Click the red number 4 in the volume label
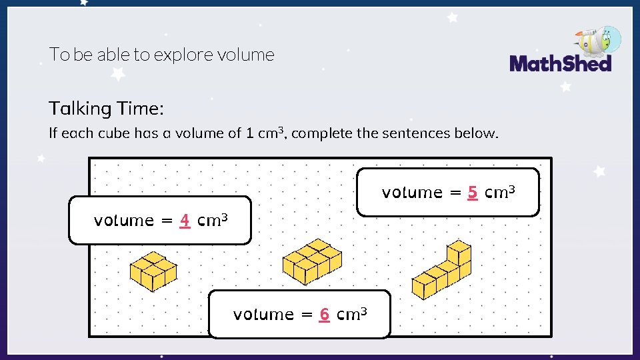pyautogui.click(x=185, y=220)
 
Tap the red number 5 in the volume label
pyautogui.click(x=472, y=193)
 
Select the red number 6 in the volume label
pyautogui.click(x=324, y=314)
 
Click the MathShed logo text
pyautogui.click(x=560, y=64)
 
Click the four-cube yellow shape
pyautogui.click(x=153, y=271)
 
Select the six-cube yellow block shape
pyautogui.click(x=311, y=261)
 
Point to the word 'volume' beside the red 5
pyautogui.click(x=412, y=193)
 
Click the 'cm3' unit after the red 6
pyautogui.click(x=353, y=313)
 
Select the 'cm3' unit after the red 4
pyautogui.click(x=214, y=219)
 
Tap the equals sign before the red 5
pyautogui.click(x=455, y=193)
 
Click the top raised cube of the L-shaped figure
pyautogui.click(x=459, y=252)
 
